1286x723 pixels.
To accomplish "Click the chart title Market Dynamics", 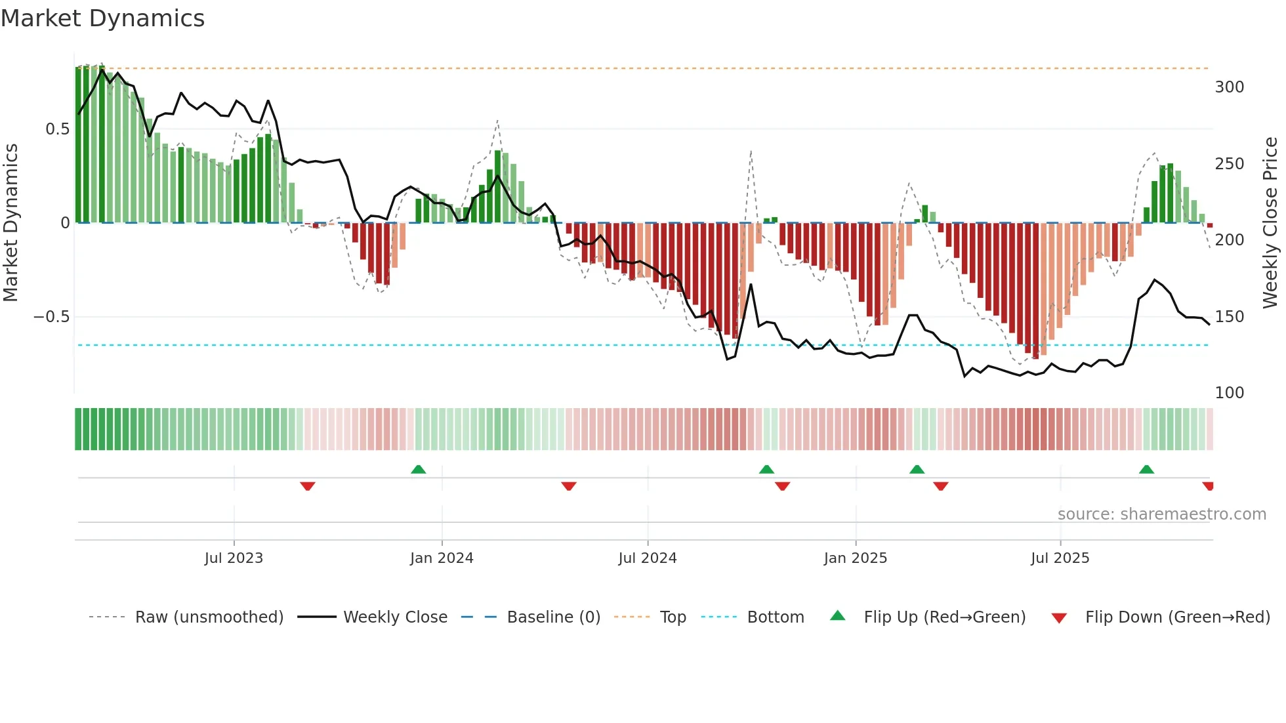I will coord(103,18).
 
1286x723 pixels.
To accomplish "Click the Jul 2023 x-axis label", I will coord(234,558).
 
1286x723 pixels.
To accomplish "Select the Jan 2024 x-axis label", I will coord(442,558).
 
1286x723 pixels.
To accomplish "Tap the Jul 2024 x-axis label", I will coord(647,558).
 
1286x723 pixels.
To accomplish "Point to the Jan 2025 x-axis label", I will coord(856,558).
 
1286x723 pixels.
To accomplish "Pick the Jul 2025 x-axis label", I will coord(1060,558).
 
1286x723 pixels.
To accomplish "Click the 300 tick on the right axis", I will coord(1229,87).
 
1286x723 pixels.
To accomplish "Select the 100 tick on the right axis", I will coord(1229,393).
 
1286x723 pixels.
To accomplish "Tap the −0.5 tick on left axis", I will coord(51,317).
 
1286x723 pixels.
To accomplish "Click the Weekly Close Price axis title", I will coord(1270,222).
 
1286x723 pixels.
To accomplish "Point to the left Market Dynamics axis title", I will coord(11,222).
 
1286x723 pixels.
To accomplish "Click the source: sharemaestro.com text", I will coord(1161,514).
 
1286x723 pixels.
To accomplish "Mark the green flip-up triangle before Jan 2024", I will coord(418,469).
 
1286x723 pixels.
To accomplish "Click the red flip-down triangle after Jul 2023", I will coord(308,486).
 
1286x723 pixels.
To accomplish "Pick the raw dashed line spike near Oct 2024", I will coord(751,152).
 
